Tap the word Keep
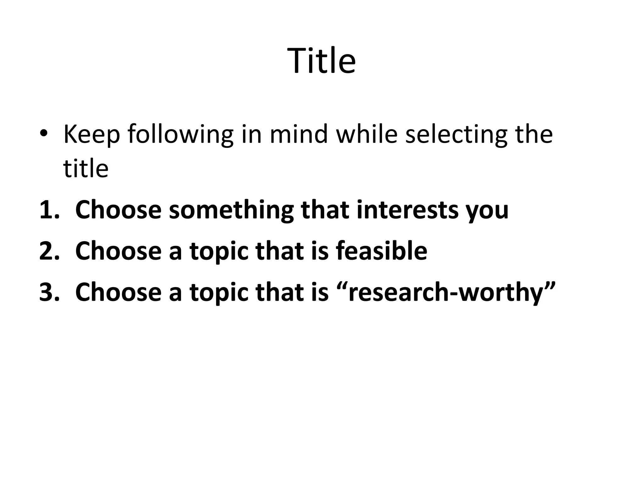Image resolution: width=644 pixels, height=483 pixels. (92, 135)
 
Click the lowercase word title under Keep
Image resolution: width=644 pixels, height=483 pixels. (86, 169)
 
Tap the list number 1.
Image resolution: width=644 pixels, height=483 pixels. (49, 210)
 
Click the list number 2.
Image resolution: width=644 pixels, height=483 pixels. (49, 251)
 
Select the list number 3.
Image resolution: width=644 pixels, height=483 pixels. (49, 292)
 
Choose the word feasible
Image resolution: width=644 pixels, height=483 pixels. (381, 251)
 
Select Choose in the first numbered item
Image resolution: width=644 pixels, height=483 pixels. (118, 210)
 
